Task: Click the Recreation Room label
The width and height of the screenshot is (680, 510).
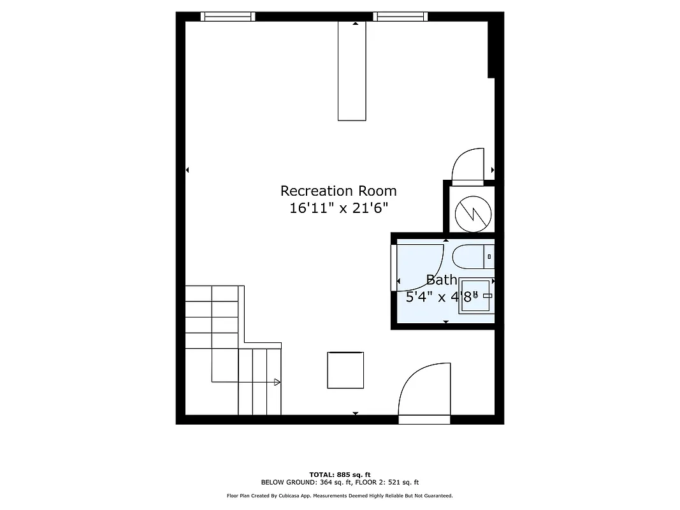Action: tap(338, 191)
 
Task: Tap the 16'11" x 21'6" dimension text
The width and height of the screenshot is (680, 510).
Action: tap(338, 208)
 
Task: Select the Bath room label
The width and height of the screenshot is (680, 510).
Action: tap(441, 279)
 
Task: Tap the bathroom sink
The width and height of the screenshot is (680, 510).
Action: tap(477, 296)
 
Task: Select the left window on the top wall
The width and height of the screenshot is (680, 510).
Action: tap(228, 17)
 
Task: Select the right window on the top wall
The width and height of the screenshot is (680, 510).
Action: tap(400, 17)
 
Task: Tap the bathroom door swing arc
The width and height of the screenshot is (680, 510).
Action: tap(421, 265)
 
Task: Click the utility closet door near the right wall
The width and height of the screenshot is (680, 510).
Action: tap(468, 165)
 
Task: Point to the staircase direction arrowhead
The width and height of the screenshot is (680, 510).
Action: tap(277, 382)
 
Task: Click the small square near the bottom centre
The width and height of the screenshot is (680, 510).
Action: tap(345, 370)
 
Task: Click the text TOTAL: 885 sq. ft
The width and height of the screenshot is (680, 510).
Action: tap(340, 474)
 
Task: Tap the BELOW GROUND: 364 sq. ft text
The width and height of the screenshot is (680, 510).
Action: tap(300, 483)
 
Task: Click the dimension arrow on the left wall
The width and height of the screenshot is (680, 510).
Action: tap(187, 170)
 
